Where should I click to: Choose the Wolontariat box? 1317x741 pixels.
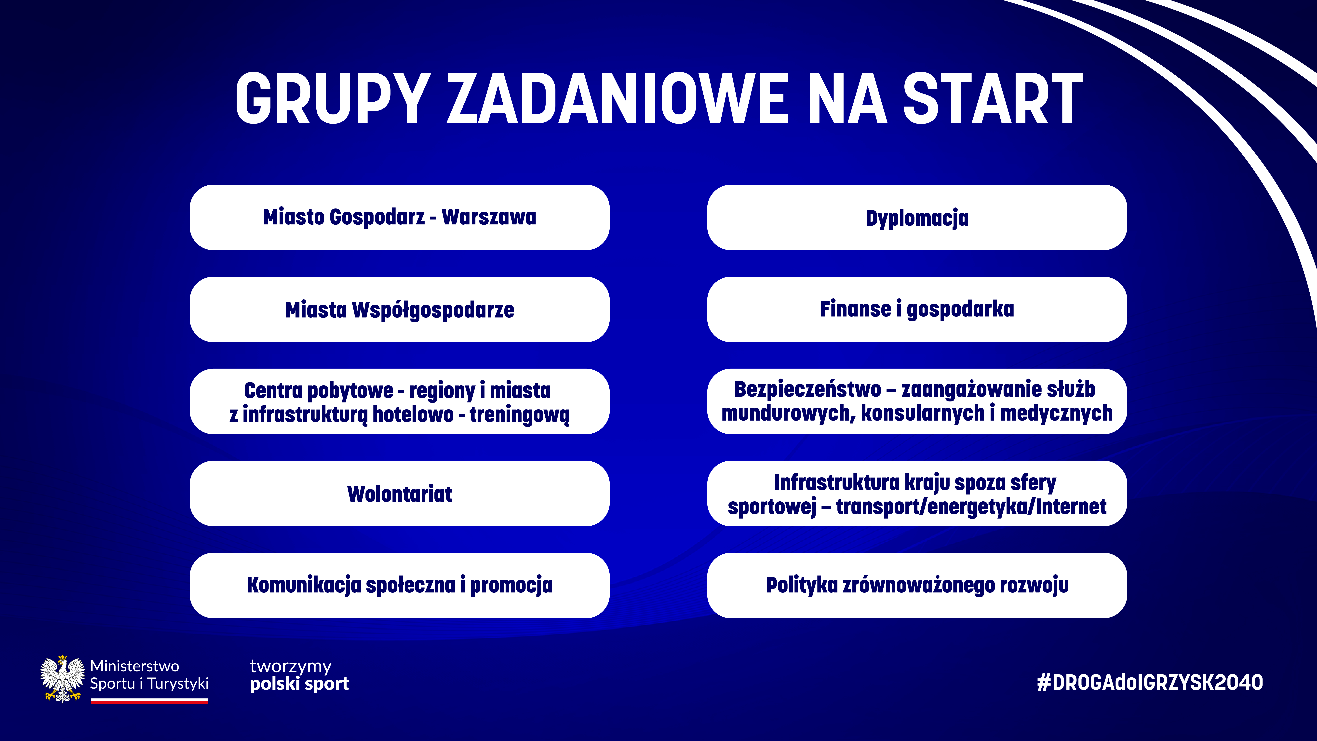click(399, 494)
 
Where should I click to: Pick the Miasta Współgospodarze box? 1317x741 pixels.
click(399, 309)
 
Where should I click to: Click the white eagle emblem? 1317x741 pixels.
click(62, 679)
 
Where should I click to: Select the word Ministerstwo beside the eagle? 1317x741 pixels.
click(134, 666)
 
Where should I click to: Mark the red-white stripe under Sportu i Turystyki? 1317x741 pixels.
click(149, 702)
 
